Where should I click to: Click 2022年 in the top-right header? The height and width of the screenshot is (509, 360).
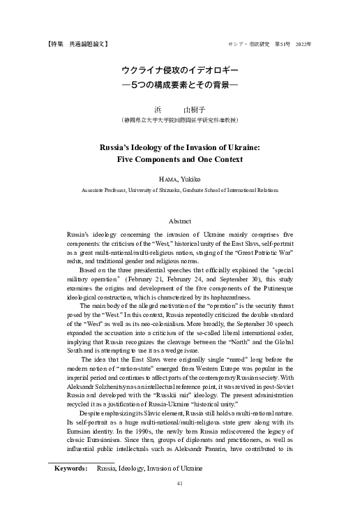point(303,44)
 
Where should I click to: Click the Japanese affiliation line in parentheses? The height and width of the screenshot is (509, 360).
point(180,120)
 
